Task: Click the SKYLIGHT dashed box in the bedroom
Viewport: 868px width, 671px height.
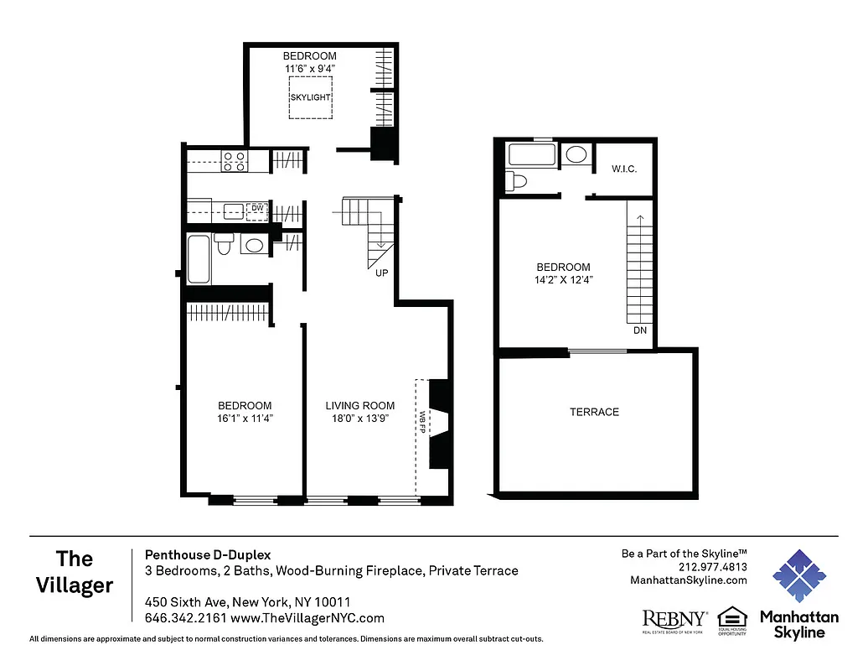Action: (310, 98)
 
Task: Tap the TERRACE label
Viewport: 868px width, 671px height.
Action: (594, 412)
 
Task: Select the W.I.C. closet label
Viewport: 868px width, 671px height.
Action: (624, 169)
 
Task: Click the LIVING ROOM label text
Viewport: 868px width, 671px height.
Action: (359, 406)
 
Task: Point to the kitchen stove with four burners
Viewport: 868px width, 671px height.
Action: (234, 161)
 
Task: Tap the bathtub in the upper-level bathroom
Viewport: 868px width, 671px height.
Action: (532, 155)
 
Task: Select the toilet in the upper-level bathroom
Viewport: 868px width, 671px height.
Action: (515, 180)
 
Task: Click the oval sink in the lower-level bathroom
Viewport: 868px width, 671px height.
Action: (253, 245)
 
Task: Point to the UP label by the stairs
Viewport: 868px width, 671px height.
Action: (381, 273)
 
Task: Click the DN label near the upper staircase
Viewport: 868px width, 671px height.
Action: (640, 330)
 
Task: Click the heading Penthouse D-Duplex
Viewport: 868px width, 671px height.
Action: (208, 554)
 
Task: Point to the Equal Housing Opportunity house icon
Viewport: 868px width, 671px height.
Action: (731, 619)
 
